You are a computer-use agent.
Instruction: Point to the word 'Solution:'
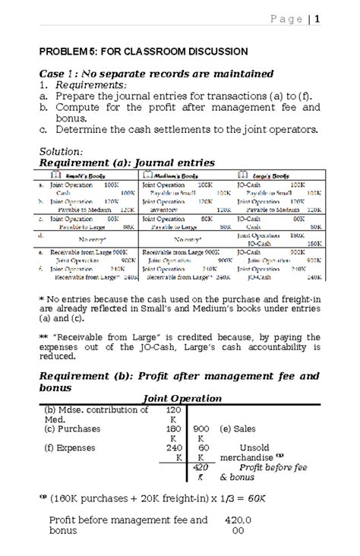tap(62, 151)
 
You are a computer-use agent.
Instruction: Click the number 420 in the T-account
tap(201, 469)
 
